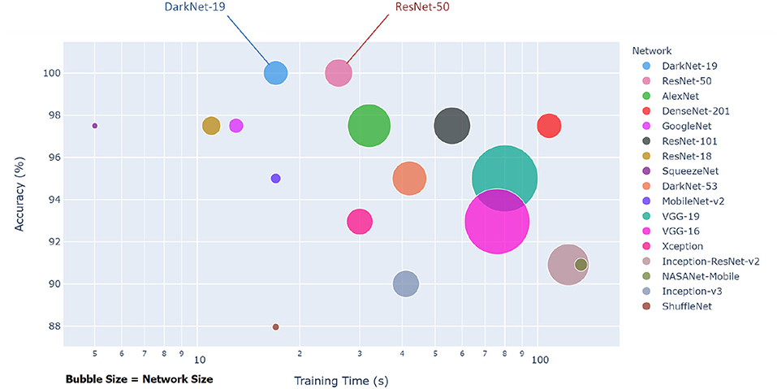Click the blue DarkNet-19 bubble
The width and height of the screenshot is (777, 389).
coord(276,73)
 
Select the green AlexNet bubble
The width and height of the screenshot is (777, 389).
coord(369,126)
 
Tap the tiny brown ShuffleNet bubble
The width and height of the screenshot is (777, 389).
coord(276,327)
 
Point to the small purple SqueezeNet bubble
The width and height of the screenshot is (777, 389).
coord(95,126)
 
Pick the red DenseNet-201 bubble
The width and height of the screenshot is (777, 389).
coord(550,126)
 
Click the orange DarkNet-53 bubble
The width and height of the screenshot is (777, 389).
coord(409,179)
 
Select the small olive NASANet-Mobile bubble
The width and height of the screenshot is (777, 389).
coord(581,264)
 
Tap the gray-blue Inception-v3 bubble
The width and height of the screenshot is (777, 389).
coord(406,284)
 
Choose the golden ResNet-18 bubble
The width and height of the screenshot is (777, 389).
coord(211,126)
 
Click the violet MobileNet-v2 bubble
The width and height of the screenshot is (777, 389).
coord(276,179)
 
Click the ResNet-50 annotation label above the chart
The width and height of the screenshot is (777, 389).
coord(421,7)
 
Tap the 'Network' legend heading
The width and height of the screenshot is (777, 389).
coord(651,50)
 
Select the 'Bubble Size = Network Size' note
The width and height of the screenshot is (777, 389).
coord(139,379)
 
